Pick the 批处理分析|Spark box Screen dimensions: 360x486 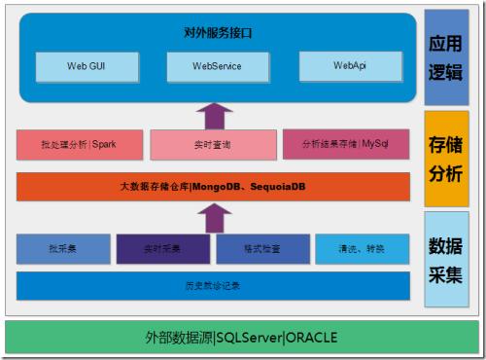[80, 144]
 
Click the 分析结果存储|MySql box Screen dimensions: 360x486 [346, 144]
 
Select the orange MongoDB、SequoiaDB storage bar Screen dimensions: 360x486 [213, 186]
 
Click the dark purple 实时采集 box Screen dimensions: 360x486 [162, 249]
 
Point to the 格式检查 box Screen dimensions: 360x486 [262, 249]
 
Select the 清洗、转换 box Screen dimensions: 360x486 [362, 249]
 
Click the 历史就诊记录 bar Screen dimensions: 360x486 [213, 285]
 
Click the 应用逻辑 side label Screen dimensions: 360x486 [446, 58]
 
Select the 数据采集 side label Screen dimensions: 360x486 [446, 259]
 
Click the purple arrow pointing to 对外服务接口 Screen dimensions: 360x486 [214, 115]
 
